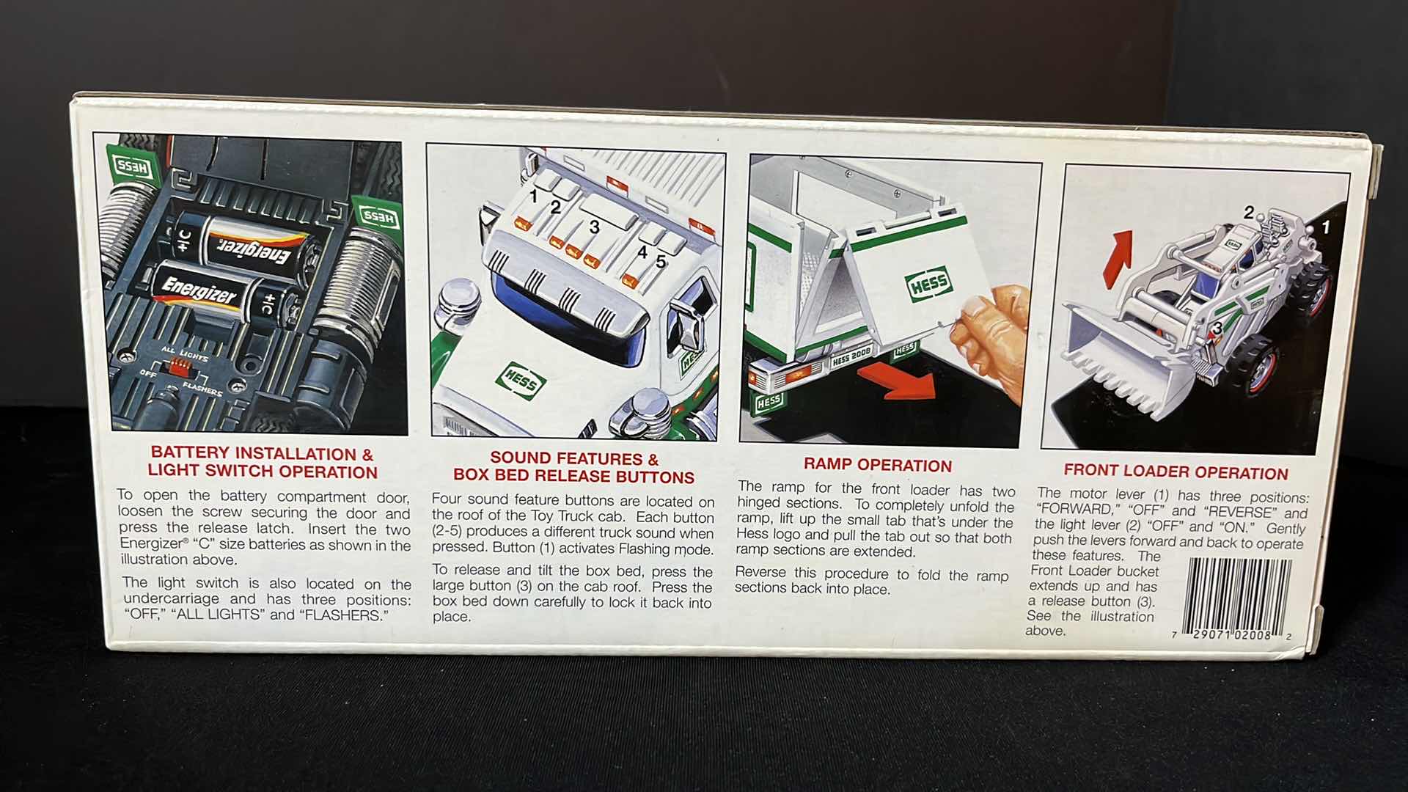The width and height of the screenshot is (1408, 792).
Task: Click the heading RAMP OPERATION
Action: click(x=877, y=465)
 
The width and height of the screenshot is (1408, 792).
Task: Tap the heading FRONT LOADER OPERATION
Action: click(x=1176, y=472)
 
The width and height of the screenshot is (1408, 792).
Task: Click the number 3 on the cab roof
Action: click(x=594, y=227)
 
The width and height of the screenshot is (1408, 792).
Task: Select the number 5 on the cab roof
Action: click(x=661, y=261)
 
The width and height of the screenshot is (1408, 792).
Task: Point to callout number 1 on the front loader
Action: click(x=1325, y=227)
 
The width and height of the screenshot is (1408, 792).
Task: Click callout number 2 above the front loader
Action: click(x=1248, y=213)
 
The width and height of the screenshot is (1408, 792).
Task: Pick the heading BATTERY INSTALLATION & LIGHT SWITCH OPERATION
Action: click(x=262, y=463)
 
